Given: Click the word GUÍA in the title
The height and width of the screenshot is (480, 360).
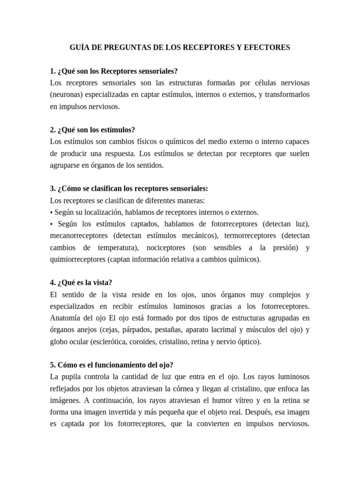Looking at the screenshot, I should pyautogui.click(x=80, y=47).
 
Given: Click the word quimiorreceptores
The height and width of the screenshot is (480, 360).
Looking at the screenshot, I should pyautogui.click(x=78, y=259).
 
